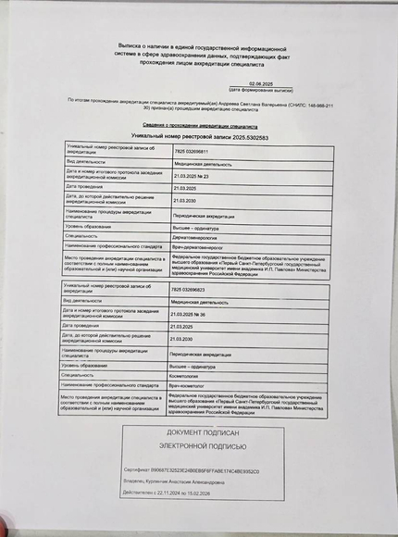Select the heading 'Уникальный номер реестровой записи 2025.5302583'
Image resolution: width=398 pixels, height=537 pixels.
pos(199,136)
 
